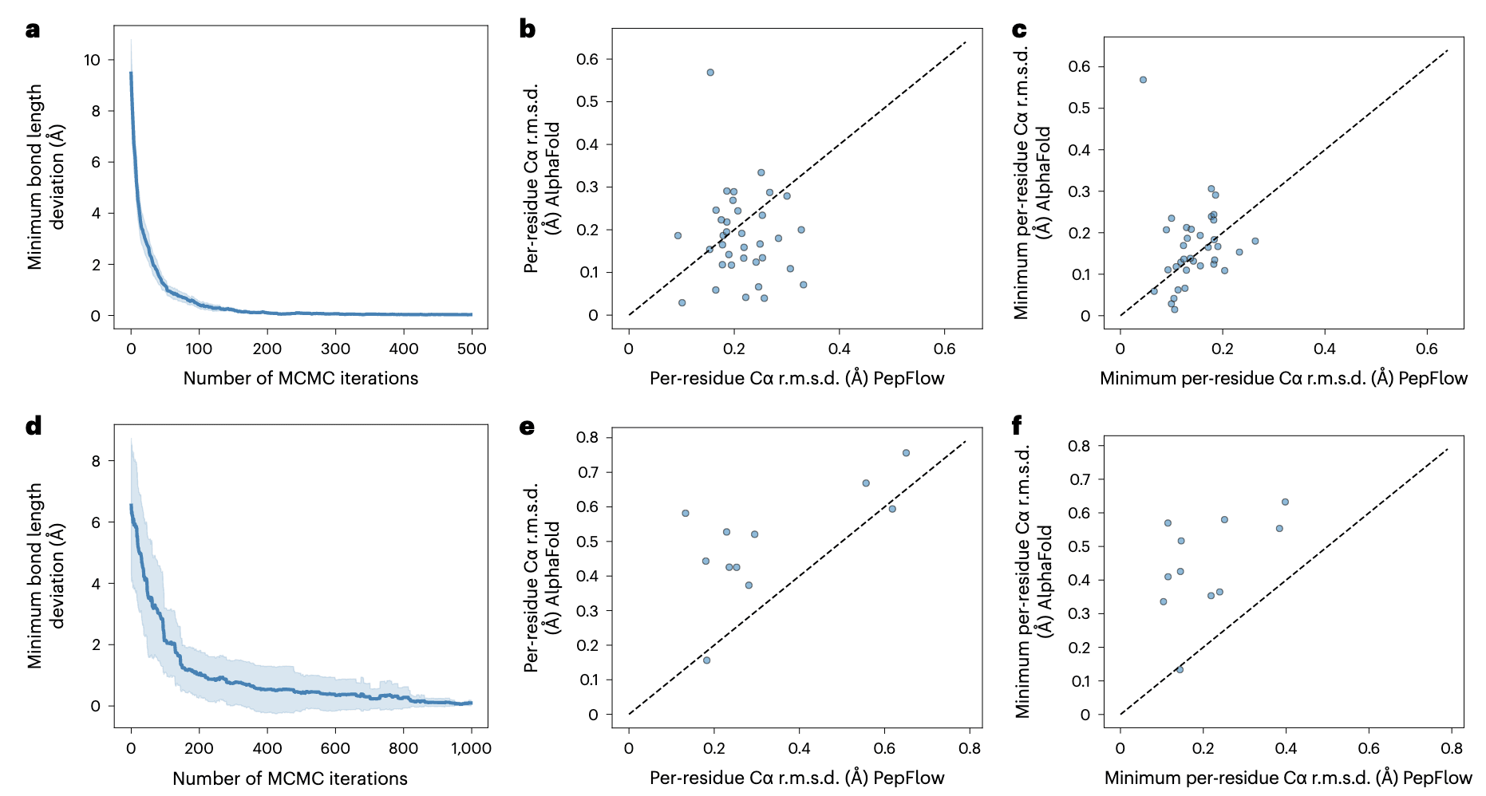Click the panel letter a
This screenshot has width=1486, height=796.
33,30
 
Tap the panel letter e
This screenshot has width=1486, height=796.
527,427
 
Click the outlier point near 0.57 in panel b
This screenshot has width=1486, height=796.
710,73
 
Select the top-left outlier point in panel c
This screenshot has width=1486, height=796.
1143,80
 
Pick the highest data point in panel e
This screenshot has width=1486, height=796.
906,453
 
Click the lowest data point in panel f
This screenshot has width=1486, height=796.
1180,669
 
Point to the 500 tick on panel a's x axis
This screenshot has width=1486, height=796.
472,349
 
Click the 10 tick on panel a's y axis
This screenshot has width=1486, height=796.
93,60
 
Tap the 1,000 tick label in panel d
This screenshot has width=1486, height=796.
471,748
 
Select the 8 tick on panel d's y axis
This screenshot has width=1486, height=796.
97,461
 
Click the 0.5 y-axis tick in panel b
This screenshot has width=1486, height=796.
587,101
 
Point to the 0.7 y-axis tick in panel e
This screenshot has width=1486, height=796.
587,472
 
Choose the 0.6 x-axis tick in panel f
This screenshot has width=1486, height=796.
1369,748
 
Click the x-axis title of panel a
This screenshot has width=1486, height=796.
301,378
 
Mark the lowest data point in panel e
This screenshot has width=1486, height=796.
706,660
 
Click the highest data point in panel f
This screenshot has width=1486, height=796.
1285,502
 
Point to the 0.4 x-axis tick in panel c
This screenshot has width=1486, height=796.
1325,349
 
